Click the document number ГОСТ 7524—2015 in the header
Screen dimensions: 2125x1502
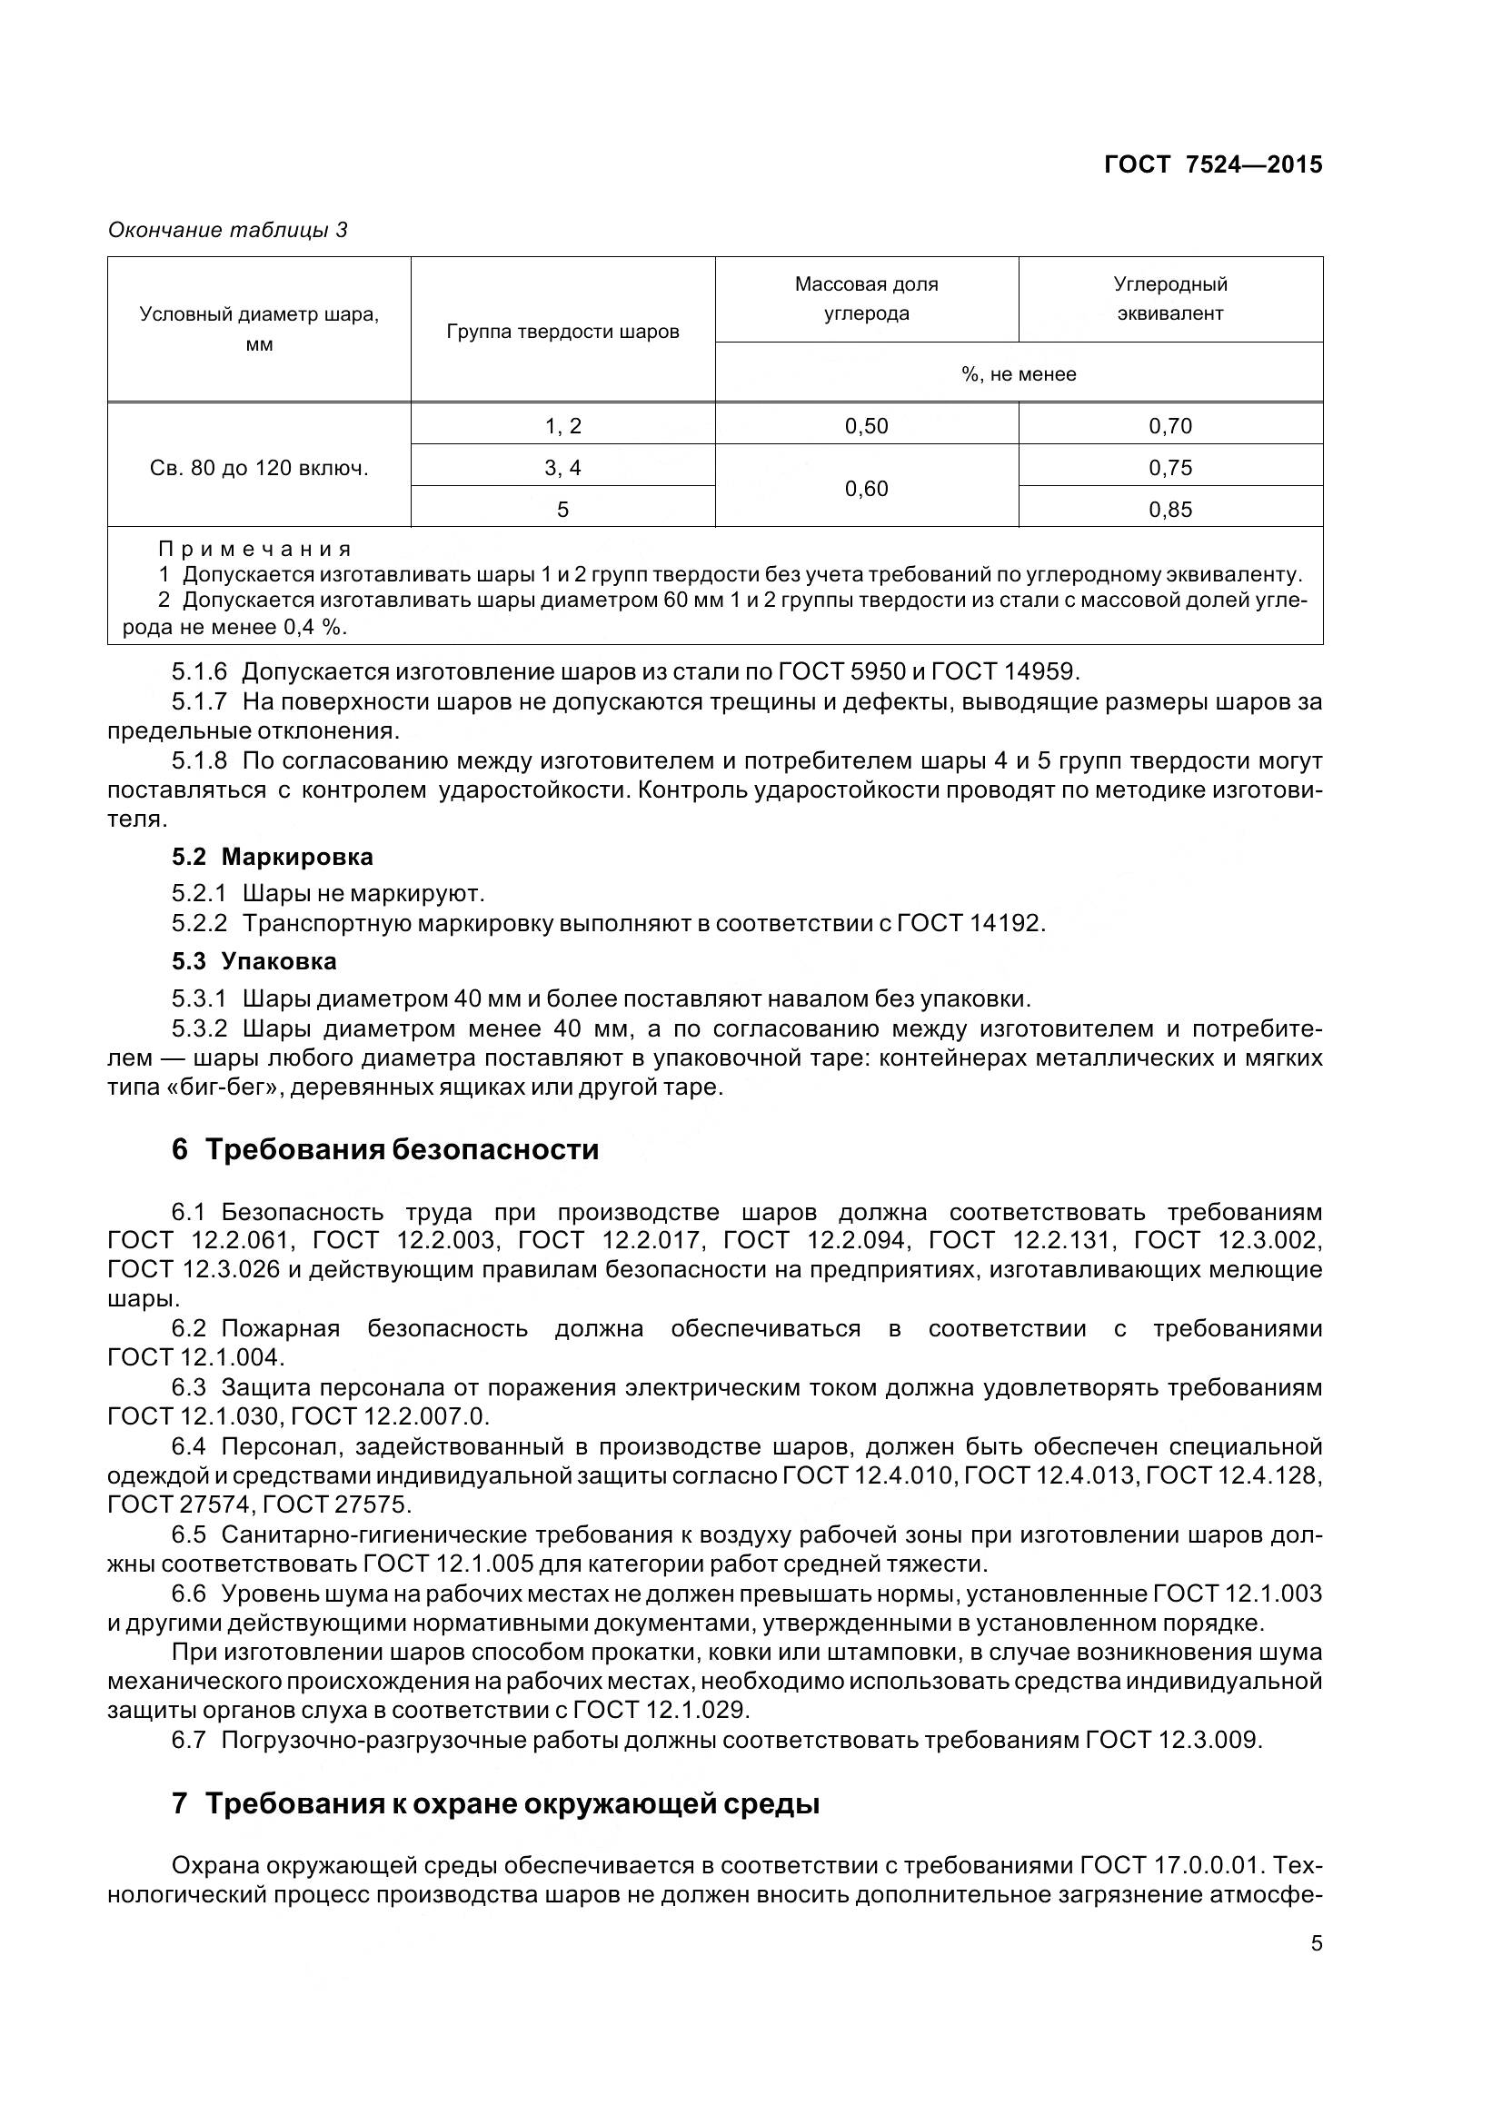tap(1212, 164)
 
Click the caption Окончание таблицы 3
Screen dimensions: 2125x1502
tap(228, 230)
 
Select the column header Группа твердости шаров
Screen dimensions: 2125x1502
tap(562, 332)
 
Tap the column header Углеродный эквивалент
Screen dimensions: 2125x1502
tap(1169, 299)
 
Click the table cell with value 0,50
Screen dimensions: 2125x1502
tap(866, 426)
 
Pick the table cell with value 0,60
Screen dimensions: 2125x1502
tap(866, 489)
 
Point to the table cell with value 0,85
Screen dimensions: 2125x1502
tap(1169, 509)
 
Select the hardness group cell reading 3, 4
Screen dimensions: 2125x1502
tap(562, 467)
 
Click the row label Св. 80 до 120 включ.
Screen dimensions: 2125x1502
tap(259, 468)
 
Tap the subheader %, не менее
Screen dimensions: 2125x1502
tap(1018, 374)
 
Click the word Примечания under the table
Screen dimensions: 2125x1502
tap(255, 549)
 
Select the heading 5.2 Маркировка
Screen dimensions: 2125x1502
tap(272, 856)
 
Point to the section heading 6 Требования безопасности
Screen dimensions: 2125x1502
tap(385, 1149)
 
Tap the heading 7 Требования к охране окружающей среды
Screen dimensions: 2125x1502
tap(495, 1804)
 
